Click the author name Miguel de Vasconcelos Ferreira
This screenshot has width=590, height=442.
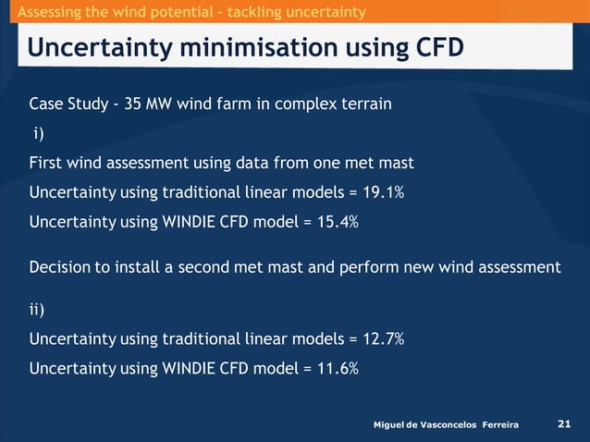pos(445,424)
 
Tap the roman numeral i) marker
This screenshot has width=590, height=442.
pos(38,133)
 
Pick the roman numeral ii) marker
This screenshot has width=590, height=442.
pos(40,309)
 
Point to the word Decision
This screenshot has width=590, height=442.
pos(60,267)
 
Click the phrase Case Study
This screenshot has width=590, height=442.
pos(68,104)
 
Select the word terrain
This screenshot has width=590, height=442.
pos(365,104)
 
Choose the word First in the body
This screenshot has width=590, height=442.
pos(45,163)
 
